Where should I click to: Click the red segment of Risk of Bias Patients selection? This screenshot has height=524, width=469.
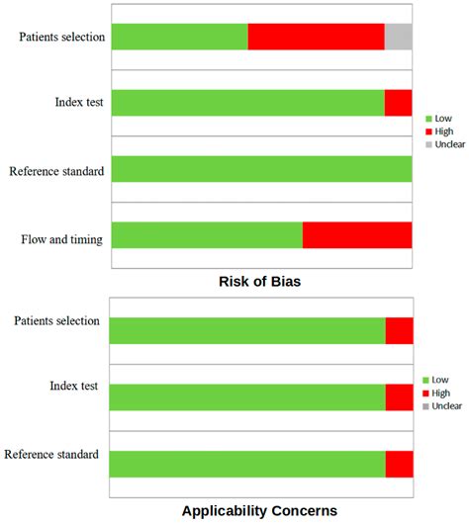pyautogui.click(x=316, y=37)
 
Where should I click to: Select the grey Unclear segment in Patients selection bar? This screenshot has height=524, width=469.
pyautogui.click(x=398, y=37)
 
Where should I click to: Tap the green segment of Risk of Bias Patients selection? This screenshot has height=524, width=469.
pyautogui.click(x=179, y=37)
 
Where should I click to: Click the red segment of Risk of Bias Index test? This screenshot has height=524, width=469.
pyautogui.click(x=398, y=103)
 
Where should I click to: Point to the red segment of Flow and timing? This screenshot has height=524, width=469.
pyautogui.click(x=357, y=235)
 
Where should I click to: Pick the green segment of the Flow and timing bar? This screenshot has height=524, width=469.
pyautogui.click(x=207, y=235)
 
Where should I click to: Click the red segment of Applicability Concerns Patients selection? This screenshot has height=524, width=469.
pyautogui.click(x=399, y=331)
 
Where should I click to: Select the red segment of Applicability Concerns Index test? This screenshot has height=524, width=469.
pyautogui.click(x=399, y=396)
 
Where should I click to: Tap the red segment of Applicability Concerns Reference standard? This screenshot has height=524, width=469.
pyautogui.click(x=399, y=464)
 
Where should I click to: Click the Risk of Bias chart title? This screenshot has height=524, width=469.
pyautogui.click(x=259, y=283)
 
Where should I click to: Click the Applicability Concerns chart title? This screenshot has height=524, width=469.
pyautogui.click(x=259, y=511)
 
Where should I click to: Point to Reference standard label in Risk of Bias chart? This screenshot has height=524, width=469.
pyautogui.click(x=56, y=171)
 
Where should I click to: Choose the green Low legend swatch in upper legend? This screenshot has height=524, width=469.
pyautogui.click(x=427, y=117)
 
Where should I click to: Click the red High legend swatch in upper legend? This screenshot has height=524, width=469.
pyautogui.click(x=427, y=131)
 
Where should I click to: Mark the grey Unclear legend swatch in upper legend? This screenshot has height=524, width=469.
pyautogui.click(x=427, y=144)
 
